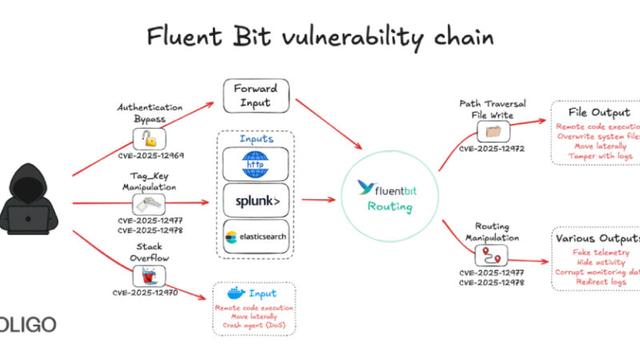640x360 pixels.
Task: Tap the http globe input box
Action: point(256,164)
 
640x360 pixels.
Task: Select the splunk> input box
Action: point(256,201)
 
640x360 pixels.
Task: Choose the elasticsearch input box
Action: point(256,237)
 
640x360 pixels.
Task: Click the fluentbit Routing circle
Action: point(388,198)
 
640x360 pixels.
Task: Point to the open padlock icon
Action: point(150,137)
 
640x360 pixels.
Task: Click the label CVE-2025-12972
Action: point(491,149)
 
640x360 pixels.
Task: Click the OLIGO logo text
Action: point(29,324)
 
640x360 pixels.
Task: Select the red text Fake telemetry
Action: point(597,252)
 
